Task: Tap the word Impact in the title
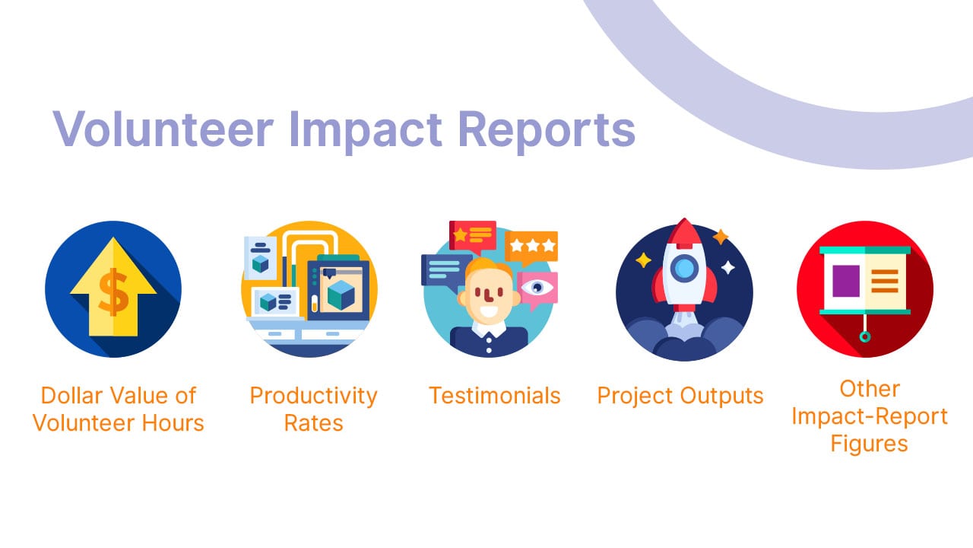click(365, 129)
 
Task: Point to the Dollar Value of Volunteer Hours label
click(119, 409)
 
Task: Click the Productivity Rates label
click(313, 409)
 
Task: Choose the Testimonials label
click(494, 396)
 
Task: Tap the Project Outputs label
click(680, 396)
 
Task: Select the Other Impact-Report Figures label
click(870, 416)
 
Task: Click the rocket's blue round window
click(685, 267)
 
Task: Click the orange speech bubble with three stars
click(532, 246)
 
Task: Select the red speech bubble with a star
click(472, 235)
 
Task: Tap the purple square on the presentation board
click(846, 280)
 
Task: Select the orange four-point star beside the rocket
click(721, 237)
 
